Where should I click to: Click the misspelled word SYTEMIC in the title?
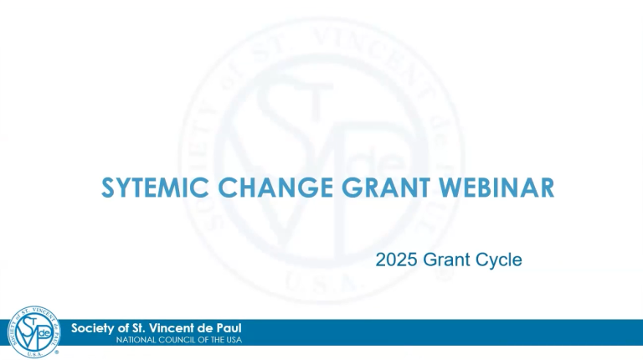click(155, 188)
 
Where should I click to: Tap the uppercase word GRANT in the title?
click(386, 188)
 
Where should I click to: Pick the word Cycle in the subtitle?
click(499, 260)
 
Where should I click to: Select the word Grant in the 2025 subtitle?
click(446, 260)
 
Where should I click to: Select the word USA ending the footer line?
click(234, 340)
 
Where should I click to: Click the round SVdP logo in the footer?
click(33, 332)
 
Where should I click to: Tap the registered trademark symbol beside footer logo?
click(57, 352)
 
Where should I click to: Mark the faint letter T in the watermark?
click(314, 101)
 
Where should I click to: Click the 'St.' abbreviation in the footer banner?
click(137, 328)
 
